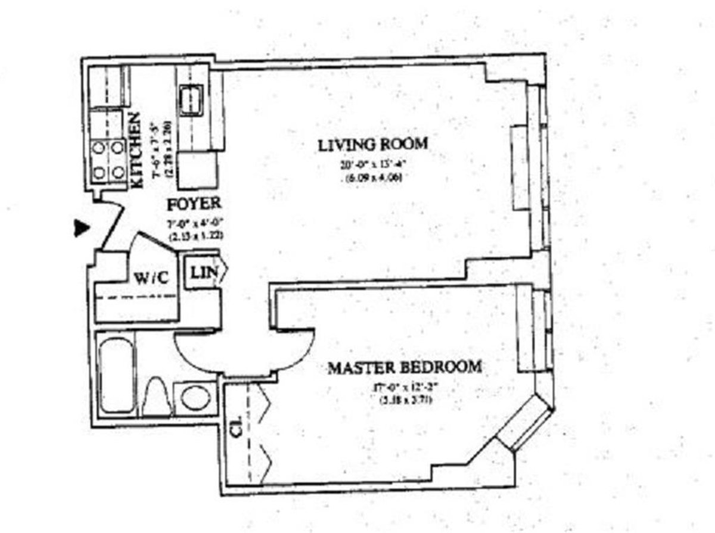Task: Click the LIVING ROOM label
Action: [373, 145]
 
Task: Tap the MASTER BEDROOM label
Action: [404, 367]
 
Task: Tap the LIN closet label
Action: [201, 273]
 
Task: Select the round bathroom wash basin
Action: [195, 398]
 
